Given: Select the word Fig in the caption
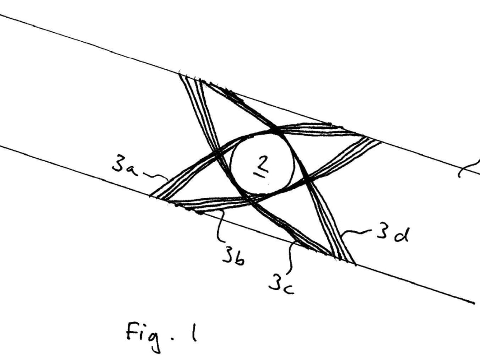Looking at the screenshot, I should (140, 334).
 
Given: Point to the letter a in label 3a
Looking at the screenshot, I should (131, 169).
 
